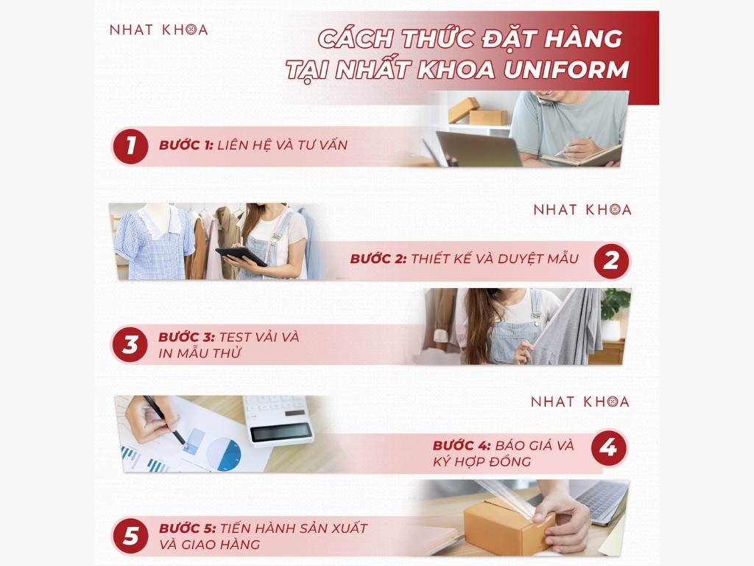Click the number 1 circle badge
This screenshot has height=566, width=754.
click(x=131, y=146)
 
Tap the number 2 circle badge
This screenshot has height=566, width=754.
click(x=611, y=261)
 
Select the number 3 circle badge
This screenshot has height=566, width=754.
click(x=130, y=345)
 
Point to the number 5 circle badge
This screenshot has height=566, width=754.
click(x=130, y=537)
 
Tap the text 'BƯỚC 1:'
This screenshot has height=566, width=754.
click(x=186, y=146)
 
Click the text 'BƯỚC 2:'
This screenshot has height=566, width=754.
click(x=378, y=259)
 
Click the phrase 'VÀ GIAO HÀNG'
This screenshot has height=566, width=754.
click(x=209, y=545)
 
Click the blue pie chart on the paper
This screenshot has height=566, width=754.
click(x=223, y=454)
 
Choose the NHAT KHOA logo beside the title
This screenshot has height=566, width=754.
click(x=158, y=30)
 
